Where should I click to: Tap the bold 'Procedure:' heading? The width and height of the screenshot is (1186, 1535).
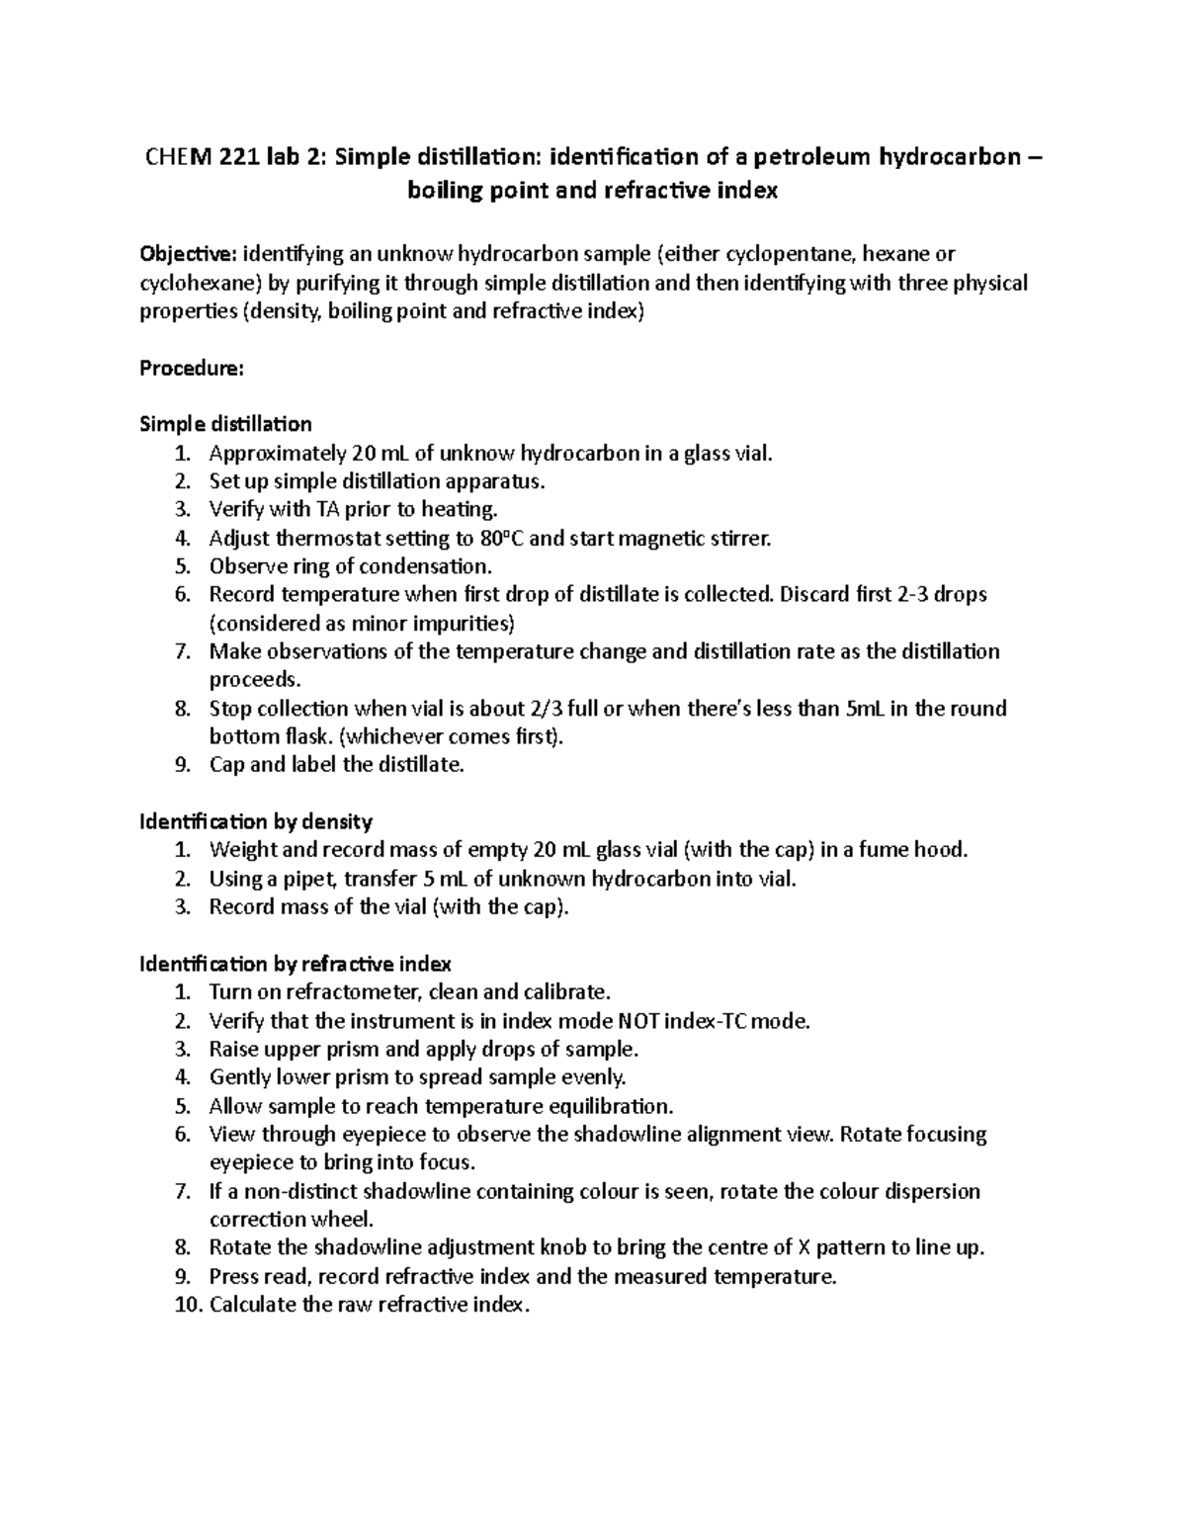pyautogui.click(x=191, y=368)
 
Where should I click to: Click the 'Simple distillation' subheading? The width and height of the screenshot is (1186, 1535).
pyautogui.click(x=225, y=424)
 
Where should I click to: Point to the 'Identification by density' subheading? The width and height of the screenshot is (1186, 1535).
pyautogui.click(x=256, y=821)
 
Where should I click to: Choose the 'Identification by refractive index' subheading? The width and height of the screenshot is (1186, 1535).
pyautogui.click(x=296, y=964)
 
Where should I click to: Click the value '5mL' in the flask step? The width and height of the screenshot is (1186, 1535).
pyautogui.click(x=866, y=709)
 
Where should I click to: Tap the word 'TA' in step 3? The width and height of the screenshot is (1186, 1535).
pyautogui.click(x=327, y=510)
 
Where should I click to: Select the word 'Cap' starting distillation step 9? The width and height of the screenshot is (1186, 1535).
pyautogui.click(x=225, y=765)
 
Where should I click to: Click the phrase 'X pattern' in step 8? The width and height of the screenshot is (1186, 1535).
pyautogui.click(x=838, y=1247)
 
